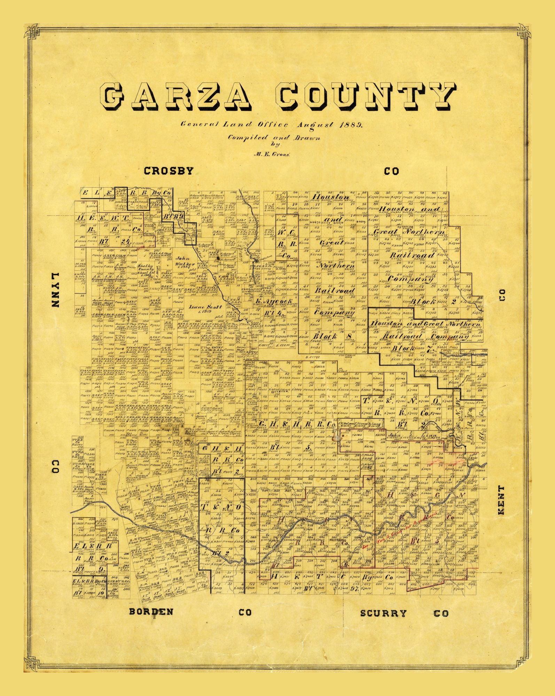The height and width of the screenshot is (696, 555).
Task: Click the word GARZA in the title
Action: pos(178,96)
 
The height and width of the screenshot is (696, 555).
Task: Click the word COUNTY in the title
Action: pos(366,96)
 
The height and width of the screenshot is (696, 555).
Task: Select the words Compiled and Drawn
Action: pos(274,137)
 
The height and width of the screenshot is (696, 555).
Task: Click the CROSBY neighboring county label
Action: pos(169,171)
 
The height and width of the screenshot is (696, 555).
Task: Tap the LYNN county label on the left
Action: pos(56,290)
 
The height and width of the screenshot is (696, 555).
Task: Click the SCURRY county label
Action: pos(383,613)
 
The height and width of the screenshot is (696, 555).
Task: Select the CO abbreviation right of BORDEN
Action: pos(245,612)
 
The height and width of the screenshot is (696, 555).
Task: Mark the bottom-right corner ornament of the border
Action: pos(523,665)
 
